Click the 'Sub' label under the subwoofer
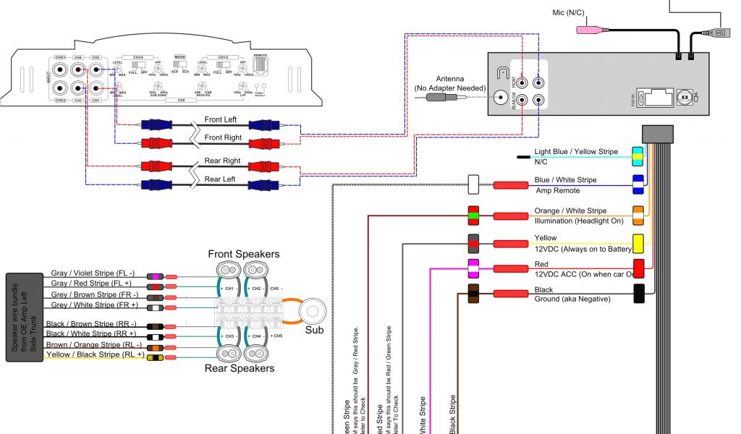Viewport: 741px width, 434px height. [313, 331]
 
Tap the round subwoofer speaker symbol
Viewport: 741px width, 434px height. [313, 311]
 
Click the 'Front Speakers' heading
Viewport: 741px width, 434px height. [243, 254]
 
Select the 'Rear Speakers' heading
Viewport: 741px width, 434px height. [240, 368]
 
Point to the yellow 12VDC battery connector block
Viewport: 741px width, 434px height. [638, 242]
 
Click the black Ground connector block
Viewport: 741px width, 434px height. [638, 294]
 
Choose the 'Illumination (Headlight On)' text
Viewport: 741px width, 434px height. [578, 221]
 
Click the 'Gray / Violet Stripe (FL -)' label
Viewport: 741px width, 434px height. [93, 273]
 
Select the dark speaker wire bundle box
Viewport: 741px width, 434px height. [25, 318]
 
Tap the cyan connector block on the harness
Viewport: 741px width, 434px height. [638, 154]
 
